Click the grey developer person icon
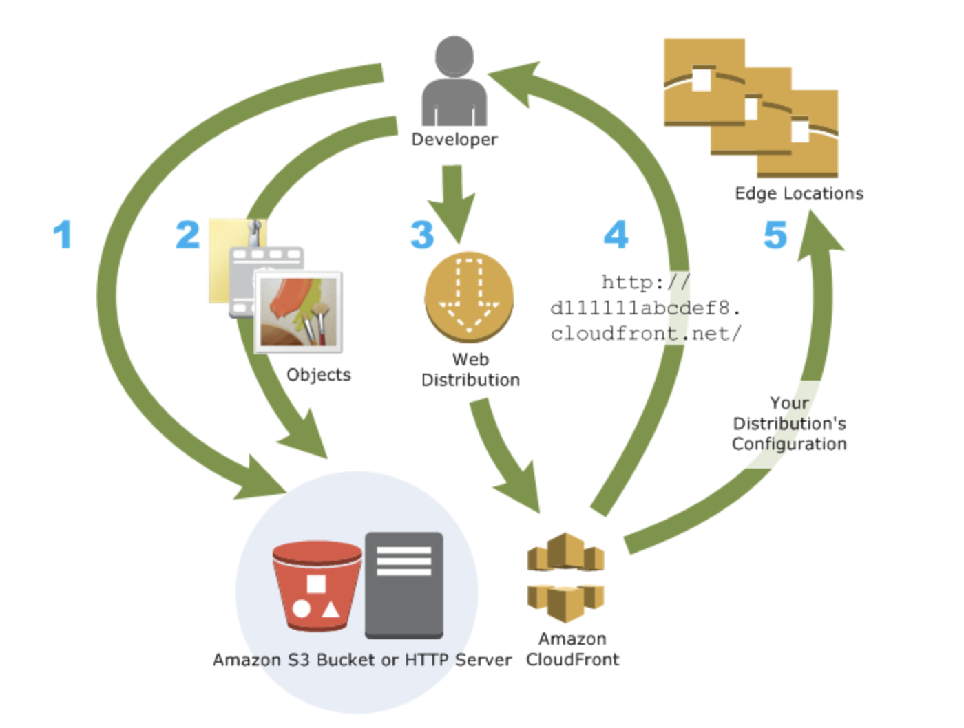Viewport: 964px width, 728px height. pyautogui.click(x=454, y=81)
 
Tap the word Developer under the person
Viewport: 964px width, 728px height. pyautogui.click(x=454, y=140)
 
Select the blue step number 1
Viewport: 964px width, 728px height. pyautogui.click(x=63, y=235)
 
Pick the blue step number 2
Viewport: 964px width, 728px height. pyautogui.click(x=187, y=235)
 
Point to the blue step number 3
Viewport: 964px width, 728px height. pyautogui.click(x=422, y=235)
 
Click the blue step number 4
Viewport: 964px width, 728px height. pyautogui.click(x=616, y=235)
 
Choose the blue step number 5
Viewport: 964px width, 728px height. pyautogui.click(x=775, y=235)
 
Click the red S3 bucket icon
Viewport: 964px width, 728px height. pyautogui.click(x=317, y=586)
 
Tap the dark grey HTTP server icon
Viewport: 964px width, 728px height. pyautogui.click(x=404, y=585)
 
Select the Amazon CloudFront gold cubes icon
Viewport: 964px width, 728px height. pyautogui.click(x=566, y=577)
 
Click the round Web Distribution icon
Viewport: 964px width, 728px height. pyautogui.click(x=469, y=297)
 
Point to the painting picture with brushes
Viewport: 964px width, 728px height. pyautogui.click(x=298, y=312)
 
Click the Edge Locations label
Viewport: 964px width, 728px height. pyautogui.click(x=799, y=193)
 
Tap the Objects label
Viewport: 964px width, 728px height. pyautogui.click(x=319, y=375)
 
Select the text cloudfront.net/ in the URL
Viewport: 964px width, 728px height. pyautogui.click(x=646, y=334)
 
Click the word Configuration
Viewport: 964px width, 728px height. pyautogui.click(x=789, y=444)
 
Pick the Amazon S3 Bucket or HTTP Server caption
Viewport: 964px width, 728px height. pyautogui.click(x=362, y=660)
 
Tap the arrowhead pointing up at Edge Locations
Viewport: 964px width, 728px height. pyautogui.click(x=819, y=235)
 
